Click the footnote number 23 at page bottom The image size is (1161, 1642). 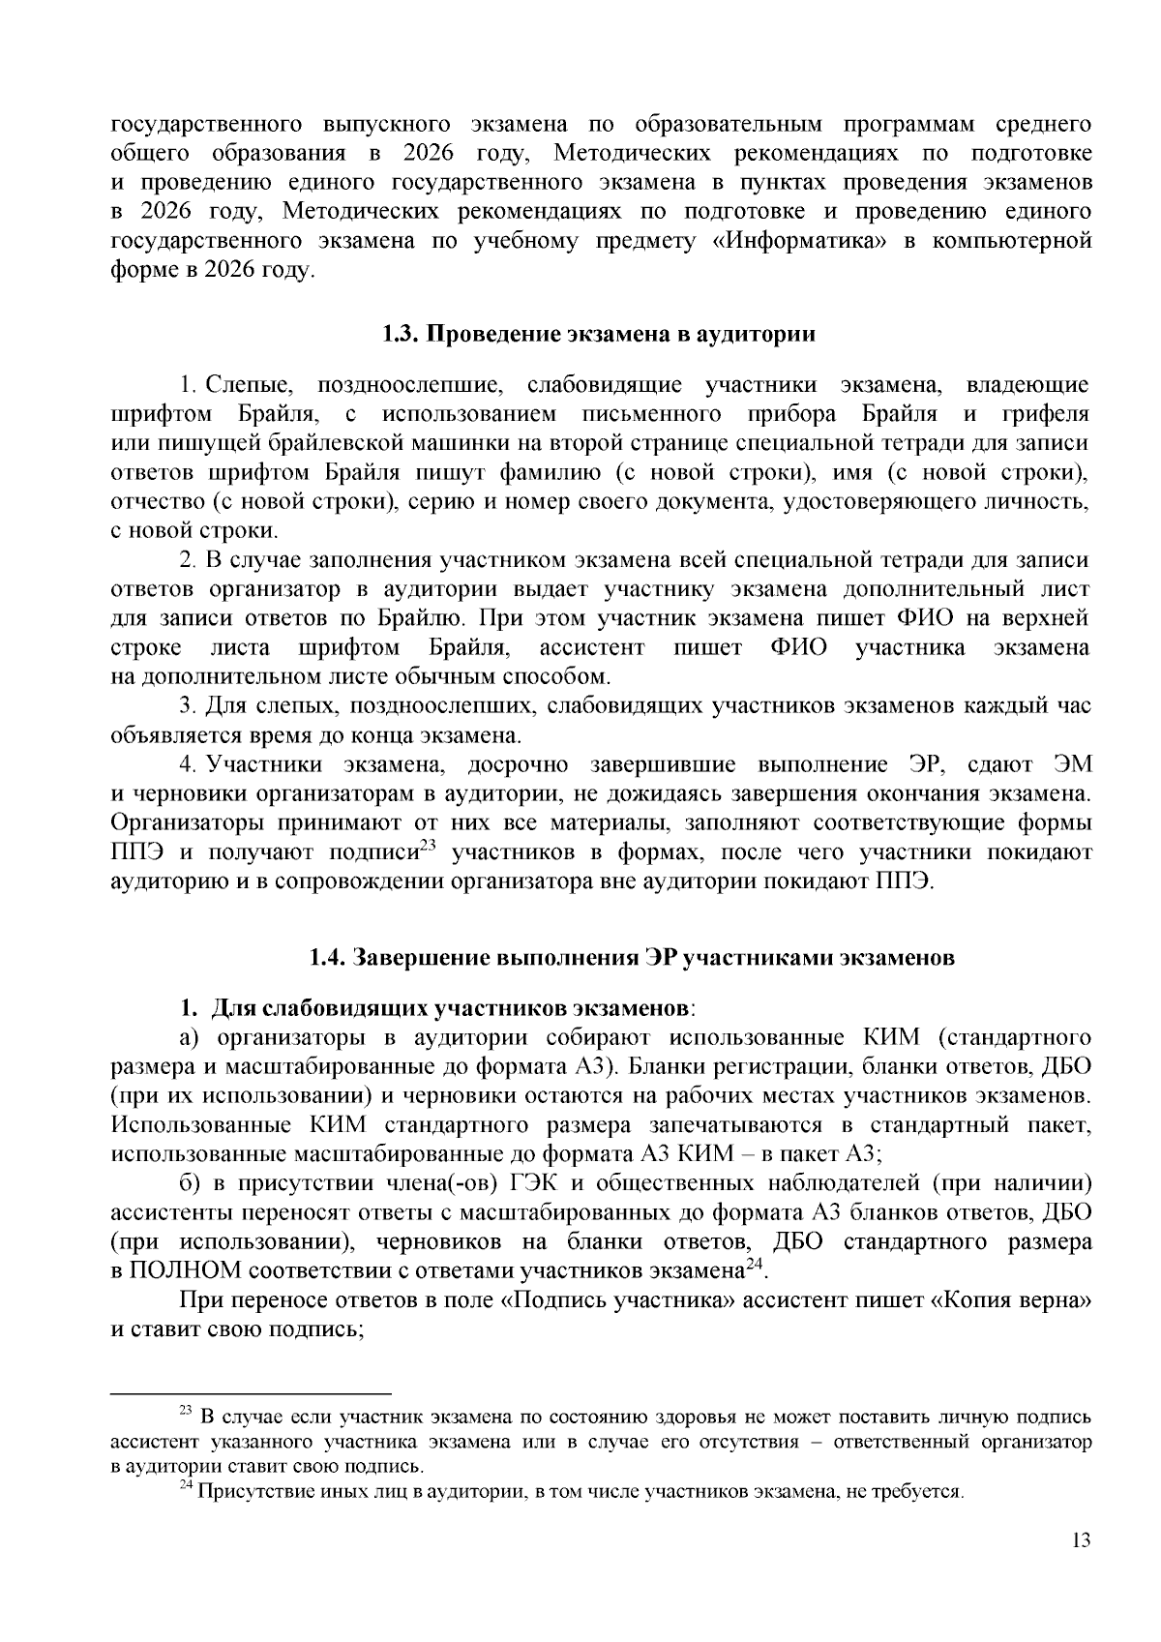[x=187, y=1412]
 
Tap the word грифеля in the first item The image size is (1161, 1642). [x=1045, y=414]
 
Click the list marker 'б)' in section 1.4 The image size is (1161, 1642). [x=193, y=1182]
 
